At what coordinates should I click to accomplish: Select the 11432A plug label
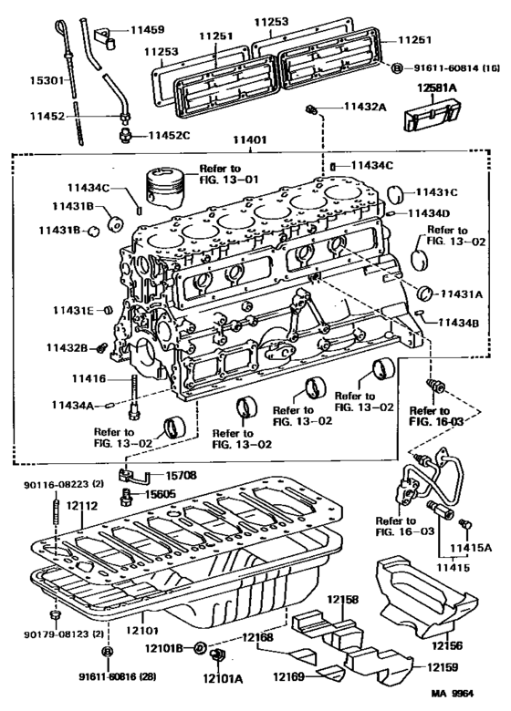[365, 108]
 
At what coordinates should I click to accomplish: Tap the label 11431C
[437, 192]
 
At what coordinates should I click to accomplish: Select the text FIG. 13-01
[216, 180]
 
